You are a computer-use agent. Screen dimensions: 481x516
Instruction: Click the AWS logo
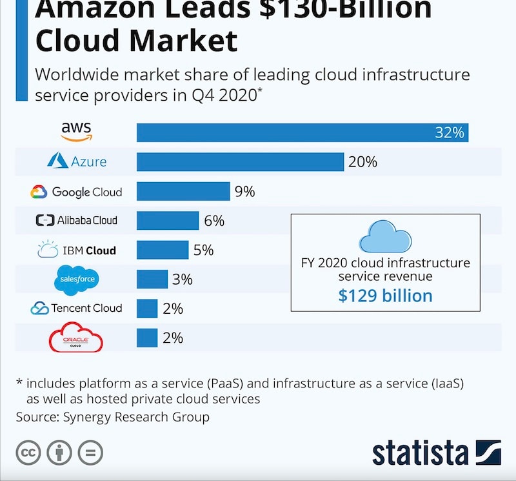tap(77, 131)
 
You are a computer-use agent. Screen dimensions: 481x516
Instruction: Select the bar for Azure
tap(240, 161)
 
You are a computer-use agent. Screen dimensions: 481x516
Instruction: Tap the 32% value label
tap(450, 133)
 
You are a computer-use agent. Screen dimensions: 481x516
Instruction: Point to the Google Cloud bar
tap(183, 191)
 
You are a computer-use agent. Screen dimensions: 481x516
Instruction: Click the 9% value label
tap(245, 191)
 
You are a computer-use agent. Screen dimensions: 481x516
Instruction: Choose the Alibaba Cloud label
tap(77, 220)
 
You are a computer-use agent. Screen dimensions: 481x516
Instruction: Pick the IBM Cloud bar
tap(163, 250)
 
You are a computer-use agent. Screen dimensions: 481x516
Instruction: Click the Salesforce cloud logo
tap(77, 279)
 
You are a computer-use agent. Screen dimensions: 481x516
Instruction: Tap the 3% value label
tap(183, 279)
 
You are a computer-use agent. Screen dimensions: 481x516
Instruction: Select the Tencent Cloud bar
tap(147, 308)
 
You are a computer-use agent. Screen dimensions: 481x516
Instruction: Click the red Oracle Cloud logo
tap(76, 338)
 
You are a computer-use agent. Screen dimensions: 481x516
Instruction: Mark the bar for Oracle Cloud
tap(147, 338)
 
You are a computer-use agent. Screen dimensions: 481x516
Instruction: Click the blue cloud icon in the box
tap(385, 236)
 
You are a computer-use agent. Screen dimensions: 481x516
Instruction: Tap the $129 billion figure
tap(386, 296)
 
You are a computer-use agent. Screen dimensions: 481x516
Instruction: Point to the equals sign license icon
tap(90, 452)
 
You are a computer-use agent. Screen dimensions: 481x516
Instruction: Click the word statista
tap(421, 453)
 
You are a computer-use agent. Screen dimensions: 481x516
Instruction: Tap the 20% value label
tap(362, 161)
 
